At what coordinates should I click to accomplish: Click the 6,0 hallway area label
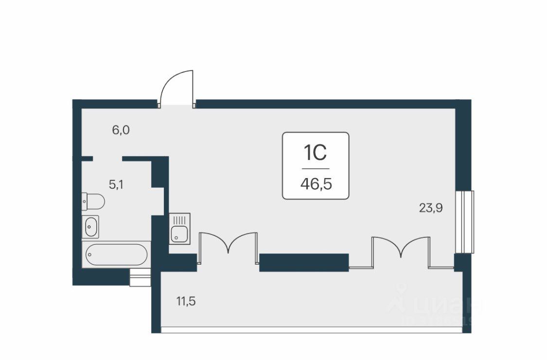tap(121, 130)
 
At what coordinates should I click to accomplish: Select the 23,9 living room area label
tap(431, 208)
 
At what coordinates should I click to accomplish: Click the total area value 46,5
tap(316, 184)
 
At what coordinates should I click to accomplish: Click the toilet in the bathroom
tap(93, 200)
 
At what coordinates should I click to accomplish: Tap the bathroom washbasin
tap(91, 226)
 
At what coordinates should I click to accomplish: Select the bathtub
tap(116, 254)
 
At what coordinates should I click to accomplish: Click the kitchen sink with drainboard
tap(180, 228)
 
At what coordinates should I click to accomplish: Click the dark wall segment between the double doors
tap(304, 262)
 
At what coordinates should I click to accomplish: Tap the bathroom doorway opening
tap(107, 159)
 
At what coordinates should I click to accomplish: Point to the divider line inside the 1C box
tap(315, 169)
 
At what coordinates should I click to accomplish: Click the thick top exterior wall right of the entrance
tap(326, 104)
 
